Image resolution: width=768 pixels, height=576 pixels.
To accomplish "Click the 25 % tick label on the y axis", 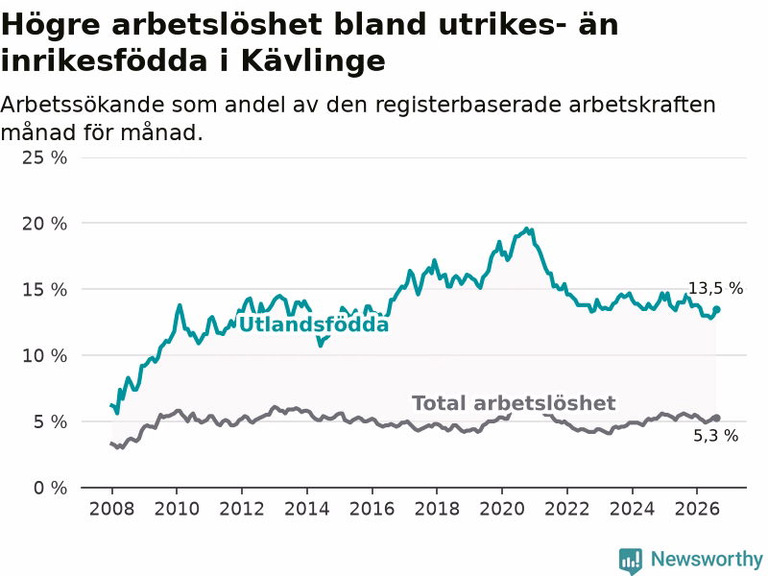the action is [x=44, y=157].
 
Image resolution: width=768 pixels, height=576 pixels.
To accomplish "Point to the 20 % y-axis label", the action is [x=44, y=224].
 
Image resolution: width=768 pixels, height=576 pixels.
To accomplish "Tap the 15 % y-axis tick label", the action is [x=44, y=290].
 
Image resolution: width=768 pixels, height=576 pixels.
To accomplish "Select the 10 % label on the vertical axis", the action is [x=44, y=355].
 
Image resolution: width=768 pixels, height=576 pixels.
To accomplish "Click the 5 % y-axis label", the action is [x=51, y=421].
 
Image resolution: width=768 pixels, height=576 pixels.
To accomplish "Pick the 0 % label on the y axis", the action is [x=51, y=488].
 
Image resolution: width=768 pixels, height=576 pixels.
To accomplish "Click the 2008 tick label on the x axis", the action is [x=111, y=509].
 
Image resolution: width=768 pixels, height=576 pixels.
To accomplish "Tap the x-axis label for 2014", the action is [x=306, y=509].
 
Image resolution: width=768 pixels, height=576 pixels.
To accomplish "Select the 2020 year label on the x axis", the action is [x=502, y=509].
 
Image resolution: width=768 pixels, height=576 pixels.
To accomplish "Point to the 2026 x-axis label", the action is [x=697, y=509].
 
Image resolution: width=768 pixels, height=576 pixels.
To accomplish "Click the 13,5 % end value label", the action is [x=715, y=289].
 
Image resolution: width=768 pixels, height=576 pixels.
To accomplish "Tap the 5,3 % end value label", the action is [x=715, y=436].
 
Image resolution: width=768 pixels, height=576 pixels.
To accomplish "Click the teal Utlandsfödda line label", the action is [x=314, y=324].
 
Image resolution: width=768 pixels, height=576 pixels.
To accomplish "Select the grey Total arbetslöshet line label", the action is [x=514, y=403].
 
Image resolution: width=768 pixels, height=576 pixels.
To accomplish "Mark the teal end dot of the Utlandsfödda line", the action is [x=716, y=309].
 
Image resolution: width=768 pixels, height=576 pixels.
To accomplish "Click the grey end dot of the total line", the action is [x=716, y=418].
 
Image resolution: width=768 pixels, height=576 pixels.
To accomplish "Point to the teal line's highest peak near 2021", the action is [x=527, y=228].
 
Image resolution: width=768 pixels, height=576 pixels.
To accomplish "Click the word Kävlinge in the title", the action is [x=314, y=60].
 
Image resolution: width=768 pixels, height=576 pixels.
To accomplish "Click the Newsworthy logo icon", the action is [x=631, y=561].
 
